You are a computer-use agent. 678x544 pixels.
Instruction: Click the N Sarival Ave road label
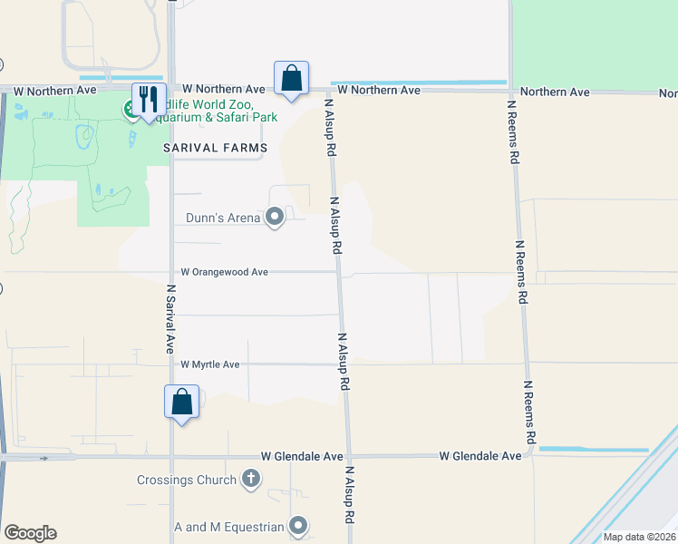coord(169,320)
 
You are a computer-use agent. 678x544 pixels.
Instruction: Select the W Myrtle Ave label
coord(209,364)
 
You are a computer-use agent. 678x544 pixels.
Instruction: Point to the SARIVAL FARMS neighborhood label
coord(215,148)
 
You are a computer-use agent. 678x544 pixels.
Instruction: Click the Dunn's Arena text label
coord(223,218)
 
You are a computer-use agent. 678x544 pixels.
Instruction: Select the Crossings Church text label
coord(187,480)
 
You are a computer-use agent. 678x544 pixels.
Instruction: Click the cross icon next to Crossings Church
coord(251,480)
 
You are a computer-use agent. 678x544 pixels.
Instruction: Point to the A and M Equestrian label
coord(229,526)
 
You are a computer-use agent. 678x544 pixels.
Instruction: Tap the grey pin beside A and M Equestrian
coord(298,526)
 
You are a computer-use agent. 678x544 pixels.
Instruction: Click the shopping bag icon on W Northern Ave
coord(292,78)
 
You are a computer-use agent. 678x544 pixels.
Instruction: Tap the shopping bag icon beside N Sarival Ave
coord(181,401)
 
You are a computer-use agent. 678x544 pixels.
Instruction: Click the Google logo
coord(30,532)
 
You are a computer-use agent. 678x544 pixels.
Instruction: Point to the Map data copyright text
coord(639,537)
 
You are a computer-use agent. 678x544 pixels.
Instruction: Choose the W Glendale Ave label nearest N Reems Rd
coord(480,456)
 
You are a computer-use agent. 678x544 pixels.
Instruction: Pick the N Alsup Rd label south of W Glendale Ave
coord(348,497)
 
